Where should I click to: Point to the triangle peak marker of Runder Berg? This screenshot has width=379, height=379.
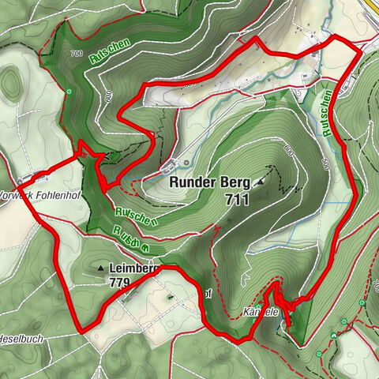[x=260, y=182]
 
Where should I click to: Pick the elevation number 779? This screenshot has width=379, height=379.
[x=121, y=282]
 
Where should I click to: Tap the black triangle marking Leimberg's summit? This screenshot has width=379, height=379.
[x=101, y=268]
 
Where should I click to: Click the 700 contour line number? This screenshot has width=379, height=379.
[x=76, y=54]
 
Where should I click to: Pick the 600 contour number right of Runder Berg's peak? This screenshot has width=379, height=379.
[x=288, y=150]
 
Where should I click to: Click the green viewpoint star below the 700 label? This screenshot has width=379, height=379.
[x=69, y=92]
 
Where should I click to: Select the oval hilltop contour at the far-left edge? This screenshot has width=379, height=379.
[x=11, y=81]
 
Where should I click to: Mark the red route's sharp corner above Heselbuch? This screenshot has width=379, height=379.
[x=80, y=330]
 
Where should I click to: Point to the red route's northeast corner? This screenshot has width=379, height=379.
[x=360, y=50]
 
